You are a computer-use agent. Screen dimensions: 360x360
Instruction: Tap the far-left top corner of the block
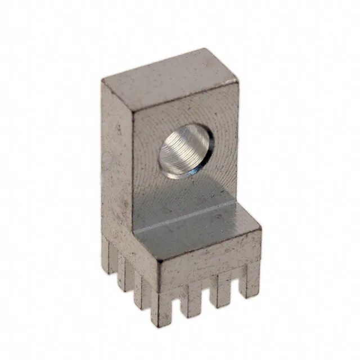click(x=102, y=80)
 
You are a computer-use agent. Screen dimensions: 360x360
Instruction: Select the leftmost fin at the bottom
click(x=107, y=259)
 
